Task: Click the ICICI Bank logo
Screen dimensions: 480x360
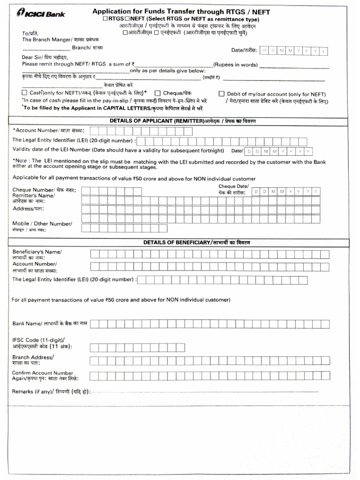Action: (x=41, y=14)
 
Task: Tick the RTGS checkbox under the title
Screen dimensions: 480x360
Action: (x=105, y=19)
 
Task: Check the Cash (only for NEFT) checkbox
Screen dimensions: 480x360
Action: (x=25, y=93)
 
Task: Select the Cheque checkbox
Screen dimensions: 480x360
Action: (x=158, y=93)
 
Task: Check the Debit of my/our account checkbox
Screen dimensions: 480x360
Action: (x=222, y=94)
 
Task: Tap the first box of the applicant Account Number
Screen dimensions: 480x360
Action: (x=93, y=131)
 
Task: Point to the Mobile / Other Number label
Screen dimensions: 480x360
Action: (x=42, y=224)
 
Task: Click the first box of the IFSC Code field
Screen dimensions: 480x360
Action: (x=93, y=347)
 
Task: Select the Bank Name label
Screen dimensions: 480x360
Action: (x=27, y=323)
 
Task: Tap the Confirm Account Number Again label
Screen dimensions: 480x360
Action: (x=43, y=373)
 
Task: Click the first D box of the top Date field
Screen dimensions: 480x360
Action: (x=264, y=51)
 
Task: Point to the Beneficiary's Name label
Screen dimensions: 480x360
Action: (x=37, y=252)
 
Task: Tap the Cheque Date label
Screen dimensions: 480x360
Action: (x=233, y=187)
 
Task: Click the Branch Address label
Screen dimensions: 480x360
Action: (x=33, y=357)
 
